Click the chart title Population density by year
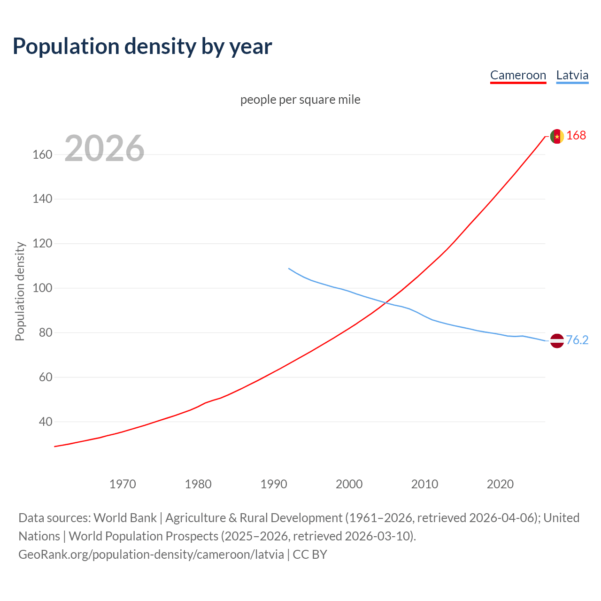tap(142, 46)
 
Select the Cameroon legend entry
tap(518, 75)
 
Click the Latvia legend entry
tap(572, 75)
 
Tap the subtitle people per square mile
tap(300, 100)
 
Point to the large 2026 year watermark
tap(104, 148)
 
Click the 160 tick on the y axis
tap(42, 154)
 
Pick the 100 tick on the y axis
tap(42, 288)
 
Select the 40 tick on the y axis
tap(45, 422)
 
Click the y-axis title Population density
tap(20, 291)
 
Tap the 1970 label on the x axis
tap(123, 484)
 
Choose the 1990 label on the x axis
tap(274, 484)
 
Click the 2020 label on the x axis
tap(500, 484)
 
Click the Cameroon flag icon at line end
tap(557, 136)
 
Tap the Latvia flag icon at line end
tap(557, 340)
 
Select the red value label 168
tap(576, 136)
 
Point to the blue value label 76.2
tap(577, 340)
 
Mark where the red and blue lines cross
tap(385, 302)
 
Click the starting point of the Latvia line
tap(289, 269)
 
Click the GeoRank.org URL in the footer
tap(151, 555)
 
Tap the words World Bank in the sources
tap(125, 518)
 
